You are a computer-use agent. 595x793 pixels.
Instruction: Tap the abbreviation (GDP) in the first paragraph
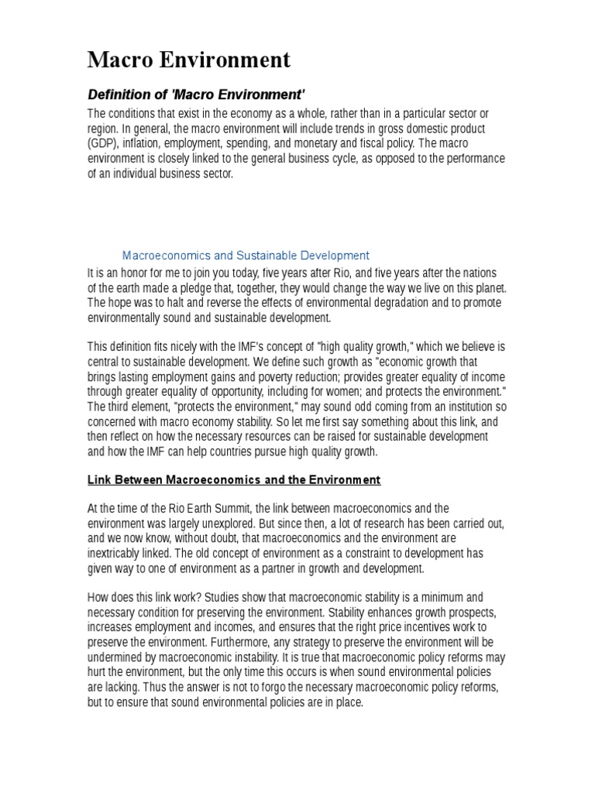coord(101,144)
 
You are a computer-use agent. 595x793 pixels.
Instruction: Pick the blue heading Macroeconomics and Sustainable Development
coord(246,255)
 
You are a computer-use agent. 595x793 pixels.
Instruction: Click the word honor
coord(132,273)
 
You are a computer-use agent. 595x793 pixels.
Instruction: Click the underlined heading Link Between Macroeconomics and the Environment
coord(234,479)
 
